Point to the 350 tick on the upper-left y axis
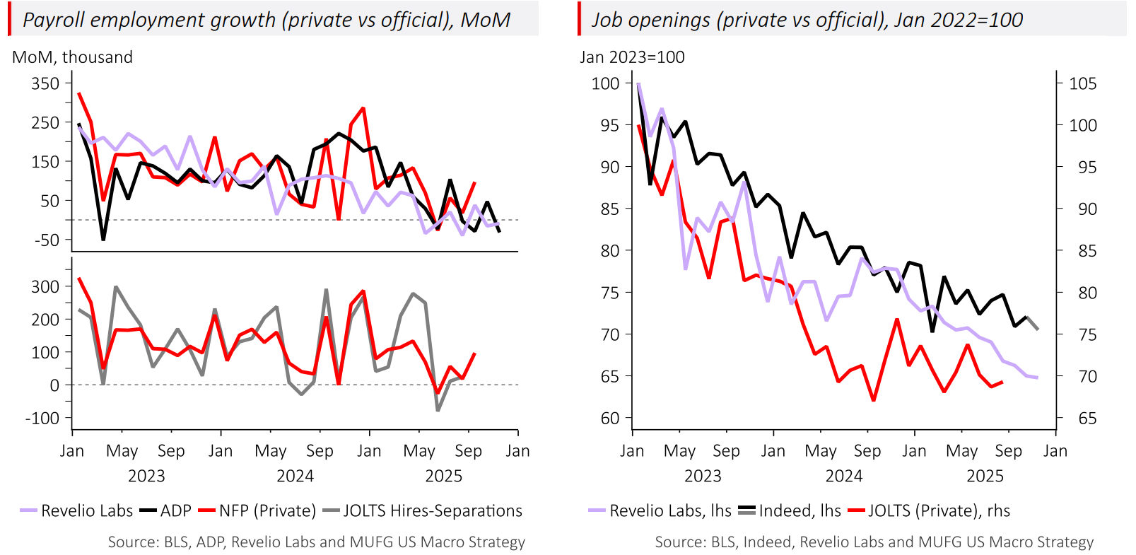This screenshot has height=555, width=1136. tap(45, 83)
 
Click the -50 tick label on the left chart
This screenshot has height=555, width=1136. tap(47, 240)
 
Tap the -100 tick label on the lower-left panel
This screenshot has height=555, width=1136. tap(42, 418)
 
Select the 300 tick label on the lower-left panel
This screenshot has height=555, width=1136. tap(45, 286)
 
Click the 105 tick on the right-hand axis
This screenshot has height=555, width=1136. tap(1082, 83)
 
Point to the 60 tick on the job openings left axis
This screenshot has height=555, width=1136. tap(609, 418)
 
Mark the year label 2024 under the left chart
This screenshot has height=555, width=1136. tap(295, 476)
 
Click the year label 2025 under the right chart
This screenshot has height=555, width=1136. tap(985, 476)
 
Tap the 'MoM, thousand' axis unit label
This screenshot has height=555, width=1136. tap(72, 57)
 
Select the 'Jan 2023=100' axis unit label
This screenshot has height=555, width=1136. tap(632, 57)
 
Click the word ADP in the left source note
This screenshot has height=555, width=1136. tap(210, 542)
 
